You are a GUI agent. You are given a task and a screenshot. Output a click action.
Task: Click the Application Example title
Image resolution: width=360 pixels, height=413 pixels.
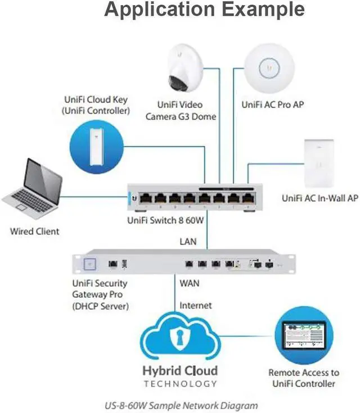(x=204, y=10)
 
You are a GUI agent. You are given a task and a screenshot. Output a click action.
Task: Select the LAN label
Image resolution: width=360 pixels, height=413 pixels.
(x=188, y=241)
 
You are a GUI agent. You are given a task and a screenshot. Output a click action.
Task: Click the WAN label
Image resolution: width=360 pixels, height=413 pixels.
(x=190, y=283)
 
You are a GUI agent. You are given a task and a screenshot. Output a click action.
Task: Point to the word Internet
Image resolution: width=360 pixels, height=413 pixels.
(x=196, y=306)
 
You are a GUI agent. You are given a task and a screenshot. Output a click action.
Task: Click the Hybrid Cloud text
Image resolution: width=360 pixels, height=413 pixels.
(x=180, y=371)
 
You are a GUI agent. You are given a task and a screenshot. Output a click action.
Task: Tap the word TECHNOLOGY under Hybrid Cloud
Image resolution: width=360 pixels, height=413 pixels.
(x=180, y=384)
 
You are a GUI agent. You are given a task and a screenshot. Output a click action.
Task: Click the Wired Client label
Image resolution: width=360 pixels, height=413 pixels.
(x=34, y=230)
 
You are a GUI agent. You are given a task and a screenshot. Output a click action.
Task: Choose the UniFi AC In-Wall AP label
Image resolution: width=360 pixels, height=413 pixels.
(x=319, y=198)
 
